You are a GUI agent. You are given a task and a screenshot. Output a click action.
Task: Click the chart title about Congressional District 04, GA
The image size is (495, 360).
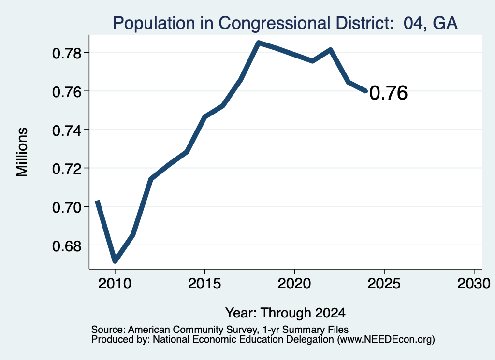[285, 23]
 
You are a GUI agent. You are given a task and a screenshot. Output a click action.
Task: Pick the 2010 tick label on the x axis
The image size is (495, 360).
[115, 283]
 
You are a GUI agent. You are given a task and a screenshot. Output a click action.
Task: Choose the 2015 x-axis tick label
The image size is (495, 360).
[204, 283]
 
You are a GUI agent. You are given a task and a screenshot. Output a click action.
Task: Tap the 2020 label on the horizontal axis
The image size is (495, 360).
[294, 283]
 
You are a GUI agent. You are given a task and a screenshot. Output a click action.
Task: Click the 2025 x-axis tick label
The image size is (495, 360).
[384, 283]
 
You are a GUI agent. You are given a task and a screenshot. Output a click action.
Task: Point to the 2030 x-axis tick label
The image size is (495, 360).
[474, 283]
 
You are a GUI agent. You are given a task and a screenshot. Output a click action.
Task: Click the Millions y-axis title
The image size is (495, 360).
[22, 152]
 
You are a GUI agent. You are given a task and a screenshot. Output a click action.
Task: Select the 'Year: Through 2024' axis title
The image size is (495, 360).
[285, 313]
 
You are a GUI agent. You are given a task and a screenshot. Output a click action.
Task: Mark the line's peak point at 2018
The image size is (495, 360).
[259, 42]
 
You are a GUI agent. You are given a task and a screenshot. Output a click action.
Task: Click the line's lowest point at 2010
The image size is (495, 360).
[115, 261]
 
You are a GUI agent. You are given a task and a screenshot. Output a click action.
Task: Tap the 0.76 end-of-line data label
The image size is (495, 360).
[388, 93]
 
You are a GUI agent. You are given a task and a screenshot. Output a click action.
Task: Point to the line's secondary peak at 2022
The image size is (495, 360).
[330, 50]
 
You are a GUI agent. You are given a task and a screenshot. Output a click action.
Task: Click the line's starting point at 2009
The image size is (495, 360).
[97, 201]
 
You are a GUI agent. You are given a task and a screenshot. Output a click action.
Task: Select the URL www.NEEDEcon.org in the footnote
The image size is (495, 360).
[386, 339]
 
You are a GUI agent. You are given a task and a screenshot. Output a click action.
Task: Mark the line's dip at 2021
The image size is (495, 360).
[312, 61]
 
